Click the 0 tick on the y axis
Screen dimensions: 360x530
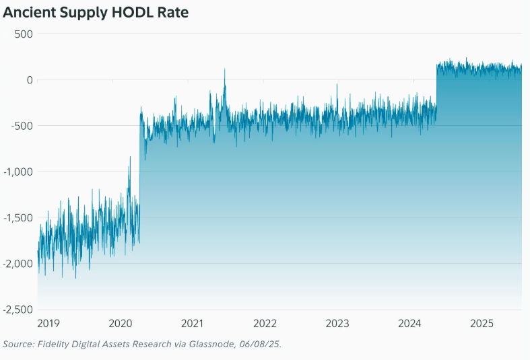[x=30, y=79]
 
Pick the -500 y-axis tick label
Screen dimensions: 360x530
[x=22, y=126]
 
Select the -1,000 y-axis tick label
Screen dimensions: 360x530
[x=18, y=172]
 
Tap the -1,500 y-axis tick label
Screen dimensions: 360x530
[x=18, y=217]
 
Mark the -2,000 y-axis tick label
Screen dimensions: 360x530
[x=18, y=263]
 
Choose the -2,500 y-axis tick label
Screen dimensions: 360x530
[x=18, y=309]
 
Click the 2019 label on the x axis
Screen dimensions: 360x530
[x=48, y=324]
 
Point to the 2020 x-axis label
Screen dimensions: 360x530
[x=121, y=324]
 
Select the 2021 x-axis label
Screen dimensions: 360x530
[x=193, y=324]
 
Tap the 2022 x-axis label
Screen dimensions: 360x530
[x=265, y=324]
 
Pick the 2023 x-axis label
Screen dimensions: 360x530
[x=337, y=324]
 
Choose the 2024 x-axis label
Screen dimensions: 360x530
[x=410, y=324]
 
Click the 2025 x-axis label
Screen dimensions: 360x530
[x=482, y=324]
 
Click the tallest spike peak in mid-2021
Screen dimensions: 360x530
[x=225, y=69]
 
